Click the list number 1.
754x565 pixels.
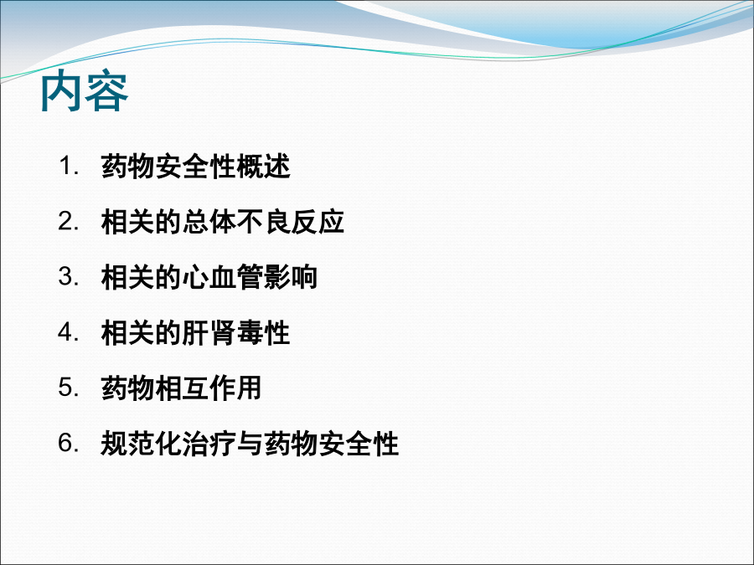pyautogui.click(x=69, y=167)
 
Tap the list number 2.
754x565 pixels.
pyautogui.click(x=69, y=222)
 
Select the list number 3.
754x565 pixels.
pyautogui.click(x=69, y=277)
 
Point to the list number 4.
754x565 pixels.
pyautogui.click(x=69, y=332)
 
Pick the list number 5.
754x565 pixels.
pyautogui.click(x=69, y=388)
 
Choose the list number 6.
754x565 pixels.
pyautogui.click(x=69, y=443)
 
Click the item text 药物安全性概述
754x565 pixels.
pyautogui.click(x=196, y=167)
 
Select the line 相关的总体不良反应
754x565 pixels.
pyautogui.click(x=223, y=222)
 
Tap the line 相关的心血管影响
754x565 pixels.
pyautogui.click(x=209, y=277)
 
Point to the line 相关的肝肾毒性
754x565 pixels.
pyautogui.click(x=195, y=332)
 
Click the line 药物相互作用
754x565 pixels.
pyautogui.click(x=181, y=388)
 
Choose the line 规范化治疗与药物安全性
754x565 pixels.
pyautogui.click(x=250, y=443)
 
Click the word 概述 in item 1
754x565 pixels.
pyautogui.click(x=264, y=167)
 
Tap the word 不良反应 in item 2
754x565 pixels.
pyautogui.click(x=291, y=222)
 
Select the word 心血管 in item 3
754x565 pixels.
pyautogui.click(x=223, y=277)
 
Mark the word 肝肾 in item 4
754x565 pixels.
pyautogui.click(x=209, y=332)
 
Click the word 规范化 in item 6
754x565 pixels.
pyautogui.click(x=141, y=443)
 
